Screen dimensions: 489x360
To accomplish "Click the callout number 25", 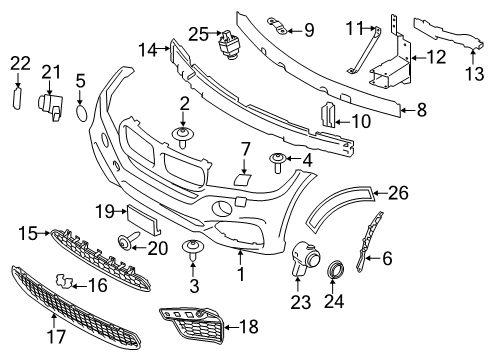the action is tap(199, 34).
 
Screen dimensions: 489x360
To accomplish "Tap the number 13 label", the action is tap(474, 74).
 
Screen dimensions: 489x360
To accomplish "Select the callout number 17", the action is tap(56, 336).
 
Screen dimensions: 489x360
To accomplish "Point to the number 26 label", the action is tap(398, 193).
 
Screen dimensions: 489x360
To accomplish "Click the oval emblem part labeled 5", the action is tap(81, 113).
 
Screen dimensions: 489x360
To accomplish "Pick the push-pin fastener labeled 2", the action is tap(182, 137).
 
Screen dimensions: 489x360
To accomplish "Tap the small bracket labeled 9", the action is tap(277, 26).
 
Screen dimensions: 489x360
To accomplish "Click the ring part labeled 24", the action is tap(334, 270).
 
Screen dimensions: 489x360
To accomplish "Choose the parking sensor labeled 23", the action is tap(304, 258).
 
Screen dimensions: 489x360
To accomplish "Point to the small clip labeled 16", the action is tap(64, 281).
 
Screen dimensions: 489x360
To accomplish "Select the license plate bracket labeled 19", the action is tap(143, 219).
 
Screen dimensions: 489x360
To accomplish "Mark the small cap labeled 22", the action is tap(17, 98).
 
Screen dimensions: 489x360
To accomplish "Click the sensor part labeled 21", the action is tap(51, 106).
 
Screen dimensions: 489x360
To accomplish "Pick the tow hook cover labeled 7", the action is tap(241, 178).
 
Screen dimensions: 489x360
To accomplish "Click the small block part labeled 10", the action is tap(327, 114).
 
